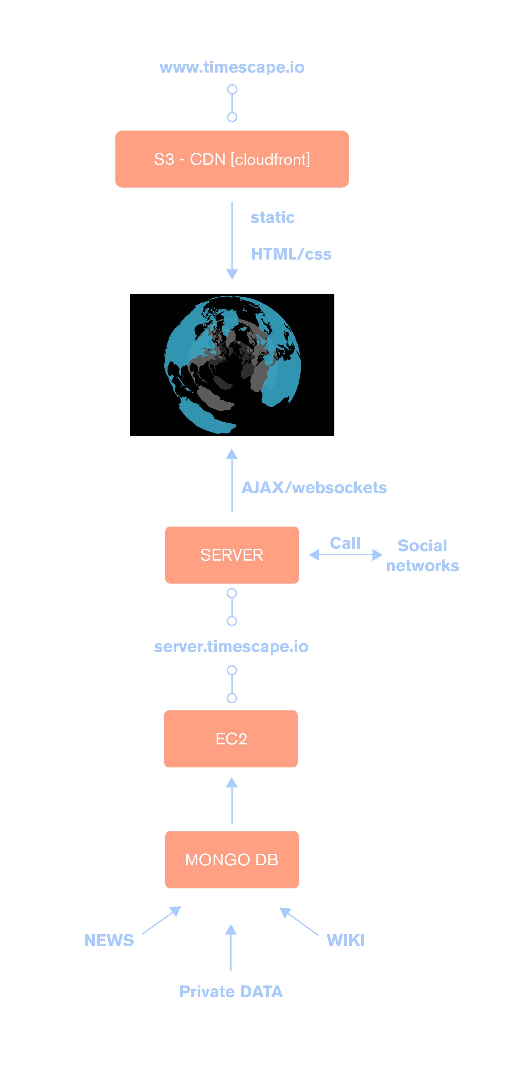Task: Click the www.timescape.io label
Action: click(232, 67)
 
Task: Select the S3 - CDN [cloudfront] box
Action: click(232, 159)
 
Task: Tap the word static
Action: click(272, 217)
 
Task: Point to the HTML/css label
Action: click(291, 254)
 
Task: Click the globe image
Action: click(232, 365)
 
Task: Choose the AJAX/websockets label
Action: click(314, 487)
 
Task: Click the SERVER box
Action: click(232, 555)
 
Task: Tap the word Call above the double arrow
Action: click(345, 543)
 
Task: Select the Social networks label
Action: click(422, 555)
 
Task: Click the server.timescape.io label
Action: click(231, 646)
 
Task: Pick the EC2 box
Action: click(231, 738)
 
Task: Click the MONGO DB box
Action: click(232, 859)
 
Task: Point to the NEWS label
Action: click(109, 940)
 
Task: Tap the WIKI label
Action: click(345, 940)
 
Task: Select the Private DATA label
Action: click(231, 991)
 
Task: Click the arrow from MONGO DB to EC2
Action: click(232, 800)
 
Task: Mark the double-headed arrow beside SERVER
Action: click(346, 555)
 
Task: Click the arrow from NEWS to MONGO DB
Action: click(161, 920)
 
